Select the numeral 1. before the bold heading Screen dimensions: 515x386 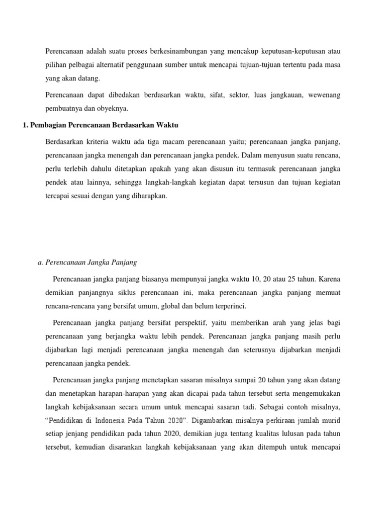coord(26,124)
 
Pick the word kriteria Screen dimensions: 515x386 coord(92,141)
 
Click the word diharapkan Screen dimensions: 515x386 coord(148,197)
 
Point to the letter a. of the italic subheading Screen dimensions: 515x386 coord(41,262)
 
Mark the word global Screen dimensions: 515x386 coord(170,305)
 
